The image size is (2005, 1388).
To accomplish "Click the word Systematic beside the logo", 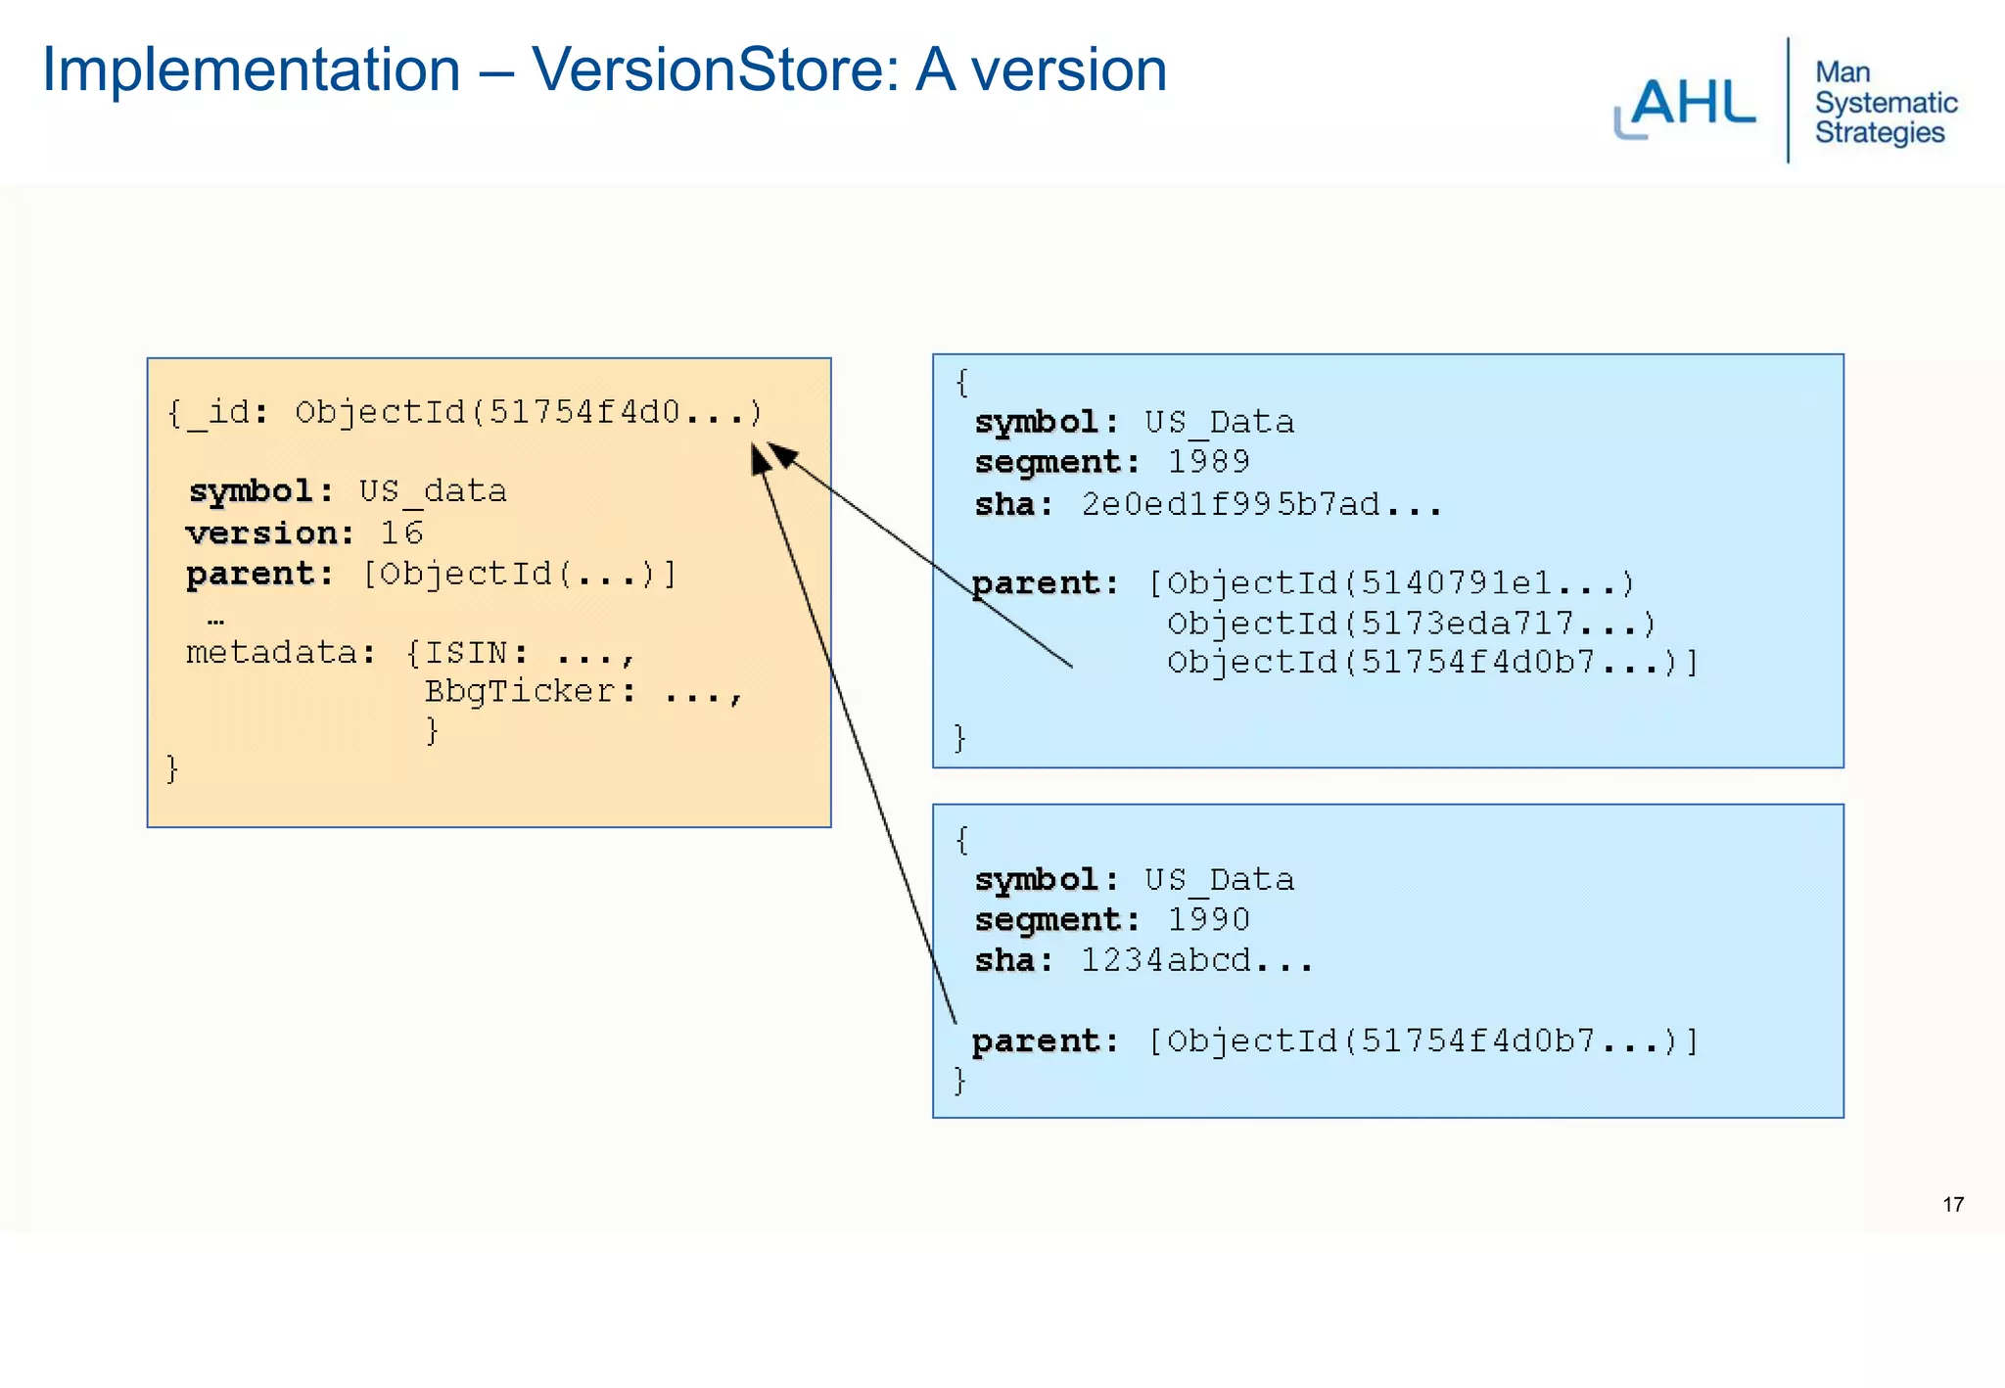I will (x=1886, y=103).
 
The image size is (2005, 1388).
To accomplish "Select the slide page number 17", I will (x=1953, y=1205).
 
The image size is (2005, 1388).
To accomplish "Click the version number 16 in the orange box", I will (x=401, y=533).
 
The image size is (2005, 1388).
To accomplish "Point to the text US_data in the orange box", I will (x=433, y=491).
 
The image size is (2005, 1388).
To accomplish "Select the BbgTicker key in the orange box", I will (x=519, y=692).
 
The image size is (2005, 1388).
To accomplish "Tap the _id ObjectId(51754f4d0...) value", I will (x=529, y=413).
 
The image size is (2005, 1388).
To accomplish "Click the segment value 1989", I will (x=1208, y=462).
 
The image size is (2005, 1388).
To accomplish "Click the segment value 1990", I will (x=1208, y=920).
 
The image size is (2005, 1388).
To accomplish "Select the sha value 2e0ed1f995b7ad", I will (x=1260, y=505).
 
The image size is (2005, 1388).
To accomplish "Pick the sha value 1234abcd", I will (x=1195, y=960).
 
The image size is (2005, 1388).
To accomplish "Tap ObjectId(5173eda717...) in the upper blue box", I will (x=1410, y=624).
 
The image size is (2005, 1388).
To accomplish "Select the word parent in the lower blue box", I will (x=1044, y=1041).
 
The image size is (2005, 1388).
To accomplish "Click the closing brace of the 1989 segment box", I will (x=960, y=737).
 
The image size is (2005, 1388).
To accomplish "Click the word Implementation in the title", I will (x=251, y=70).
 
